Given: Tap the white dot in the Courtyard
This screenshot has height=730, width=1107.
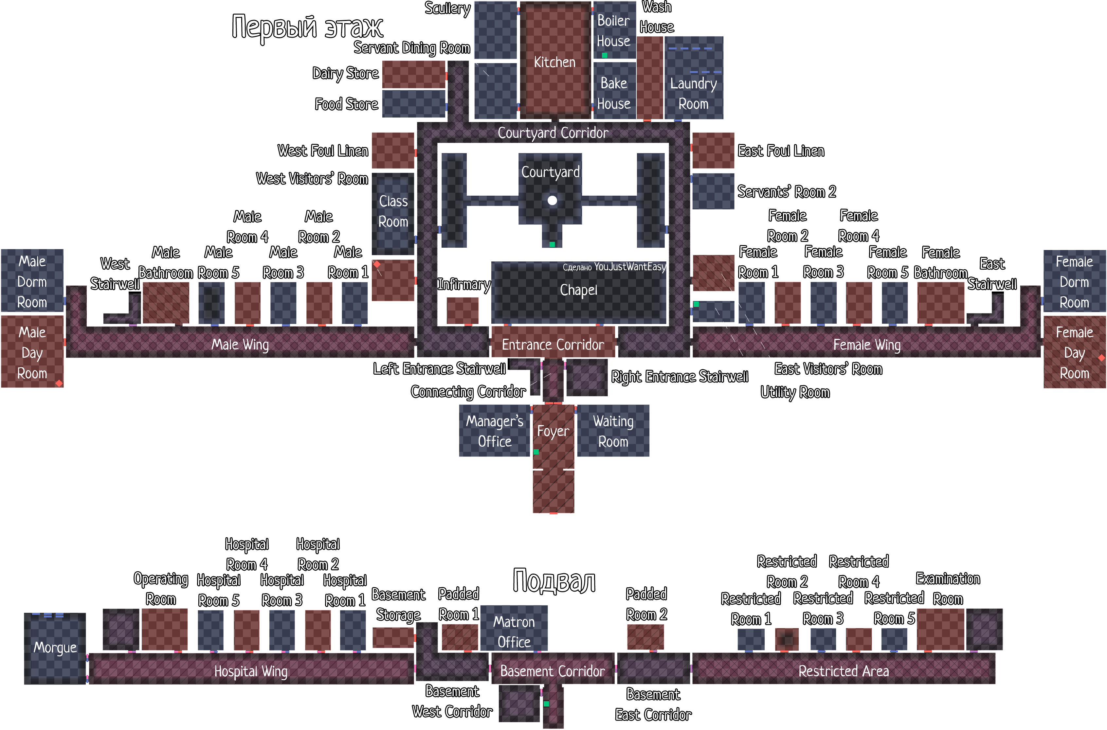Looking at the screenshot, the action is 552,201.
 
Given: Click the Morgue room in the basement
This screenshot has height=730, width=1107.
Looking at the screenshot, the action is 55,649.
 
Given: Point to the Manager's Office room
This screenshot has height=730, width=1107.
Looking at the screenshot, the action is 495,431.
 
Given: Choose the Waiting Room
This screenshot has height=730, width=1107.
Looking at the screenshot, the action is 613,431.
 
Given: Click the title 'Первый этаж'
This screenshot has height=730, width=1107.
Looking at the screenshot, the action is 307,27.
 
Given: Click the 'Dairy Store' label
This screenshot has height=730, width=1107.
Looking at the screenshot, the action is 346,74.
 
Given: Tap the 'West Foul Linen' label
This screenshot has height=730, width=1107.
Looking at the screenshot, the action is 323,151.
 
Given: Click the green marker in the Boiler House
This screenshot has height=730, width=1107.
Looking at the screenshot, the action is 605,55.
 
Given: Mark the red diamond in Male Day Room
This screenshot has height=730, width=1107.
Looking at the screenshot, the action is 59,383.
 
